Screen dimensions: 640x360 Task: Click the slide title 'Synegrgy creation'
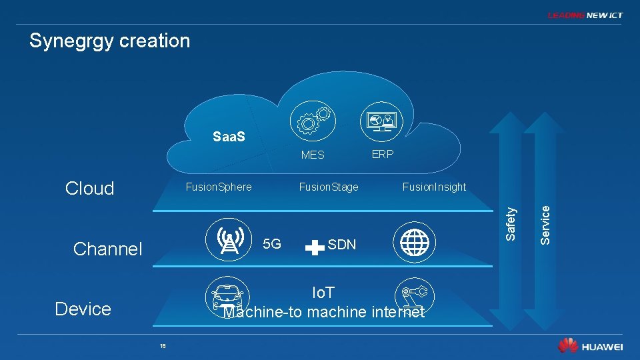(110, 41)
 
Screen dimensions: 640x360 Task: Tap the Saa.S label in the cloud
(229, 137)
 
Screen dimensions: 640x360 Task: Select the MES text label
(313, 155)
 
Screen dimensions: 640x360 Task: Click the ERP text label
(383, 154)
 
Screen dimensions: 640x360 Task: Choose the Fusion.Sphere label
(219, 187)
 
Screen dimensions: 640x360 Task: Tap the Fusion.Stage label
(329, 187)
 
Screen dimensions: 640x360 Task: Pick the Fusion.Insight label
(434, 187)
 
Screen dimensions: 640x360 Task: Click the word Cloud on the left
(90, 188)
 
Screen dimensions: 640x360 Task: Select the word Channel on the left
(108, 249)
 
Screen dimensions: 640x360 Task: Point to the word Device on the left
(83, 309)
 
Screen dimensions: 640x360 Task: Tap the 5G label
(272, 244)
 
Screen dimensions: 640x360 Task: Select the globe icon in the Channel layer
(413, 239)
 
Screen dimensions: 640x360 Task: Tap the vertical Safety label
(511, 223)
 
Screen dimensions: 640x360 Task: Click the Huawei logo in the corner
(591, 347)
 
